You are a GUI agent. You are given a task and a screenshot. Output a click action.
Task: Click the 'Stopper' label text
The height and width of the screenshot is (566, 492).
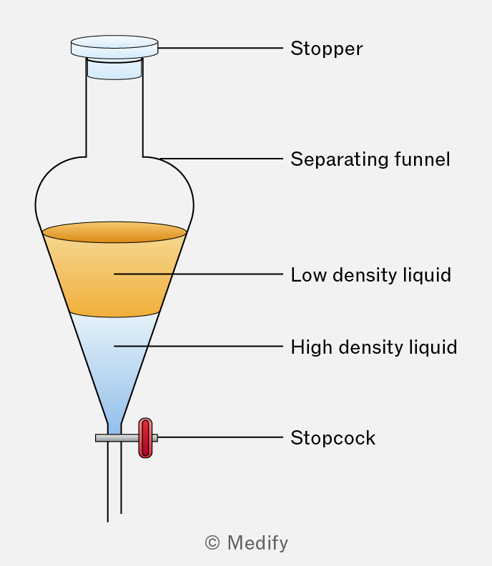click(326, 49)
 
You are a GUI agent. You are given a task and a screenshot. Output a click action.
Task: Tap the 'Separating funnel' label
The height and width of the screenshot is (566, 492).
click(370, 159)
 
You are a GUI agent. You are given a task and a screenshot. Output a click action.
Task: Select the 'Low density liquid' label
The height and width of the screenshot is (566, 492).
click(370, 274)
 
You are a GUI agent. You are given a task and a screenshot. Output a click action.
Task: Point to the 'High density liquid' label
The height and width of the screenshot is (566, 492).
click(373, 347)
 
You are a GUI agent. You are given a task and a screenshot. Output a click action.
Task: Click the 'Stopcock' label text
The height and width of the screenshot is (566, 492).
click(333, 437)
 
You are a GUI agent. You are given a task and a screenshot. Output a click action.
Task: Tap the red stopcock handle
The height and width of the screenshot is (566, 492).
click(145, 437)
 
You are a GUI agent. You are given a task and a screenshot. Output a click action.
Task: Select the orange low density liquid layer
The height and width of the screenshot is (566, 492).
click(114, 282)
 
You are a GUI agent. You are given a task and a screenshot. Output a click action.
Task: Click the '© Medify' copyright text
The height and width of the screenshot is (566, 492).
click(246, 543)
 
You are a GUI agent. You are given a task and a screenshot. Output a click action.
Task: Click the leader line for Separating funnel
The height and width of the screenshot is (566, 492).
click(222, 158)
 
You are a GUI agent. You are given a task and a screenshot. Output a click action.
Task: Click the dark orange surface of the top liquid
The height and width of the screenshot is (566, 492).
click(114, 232)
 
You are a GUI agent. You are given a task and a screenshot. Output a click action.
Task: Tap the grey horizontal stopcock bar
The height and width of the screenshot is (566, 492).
click(107, 437)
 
